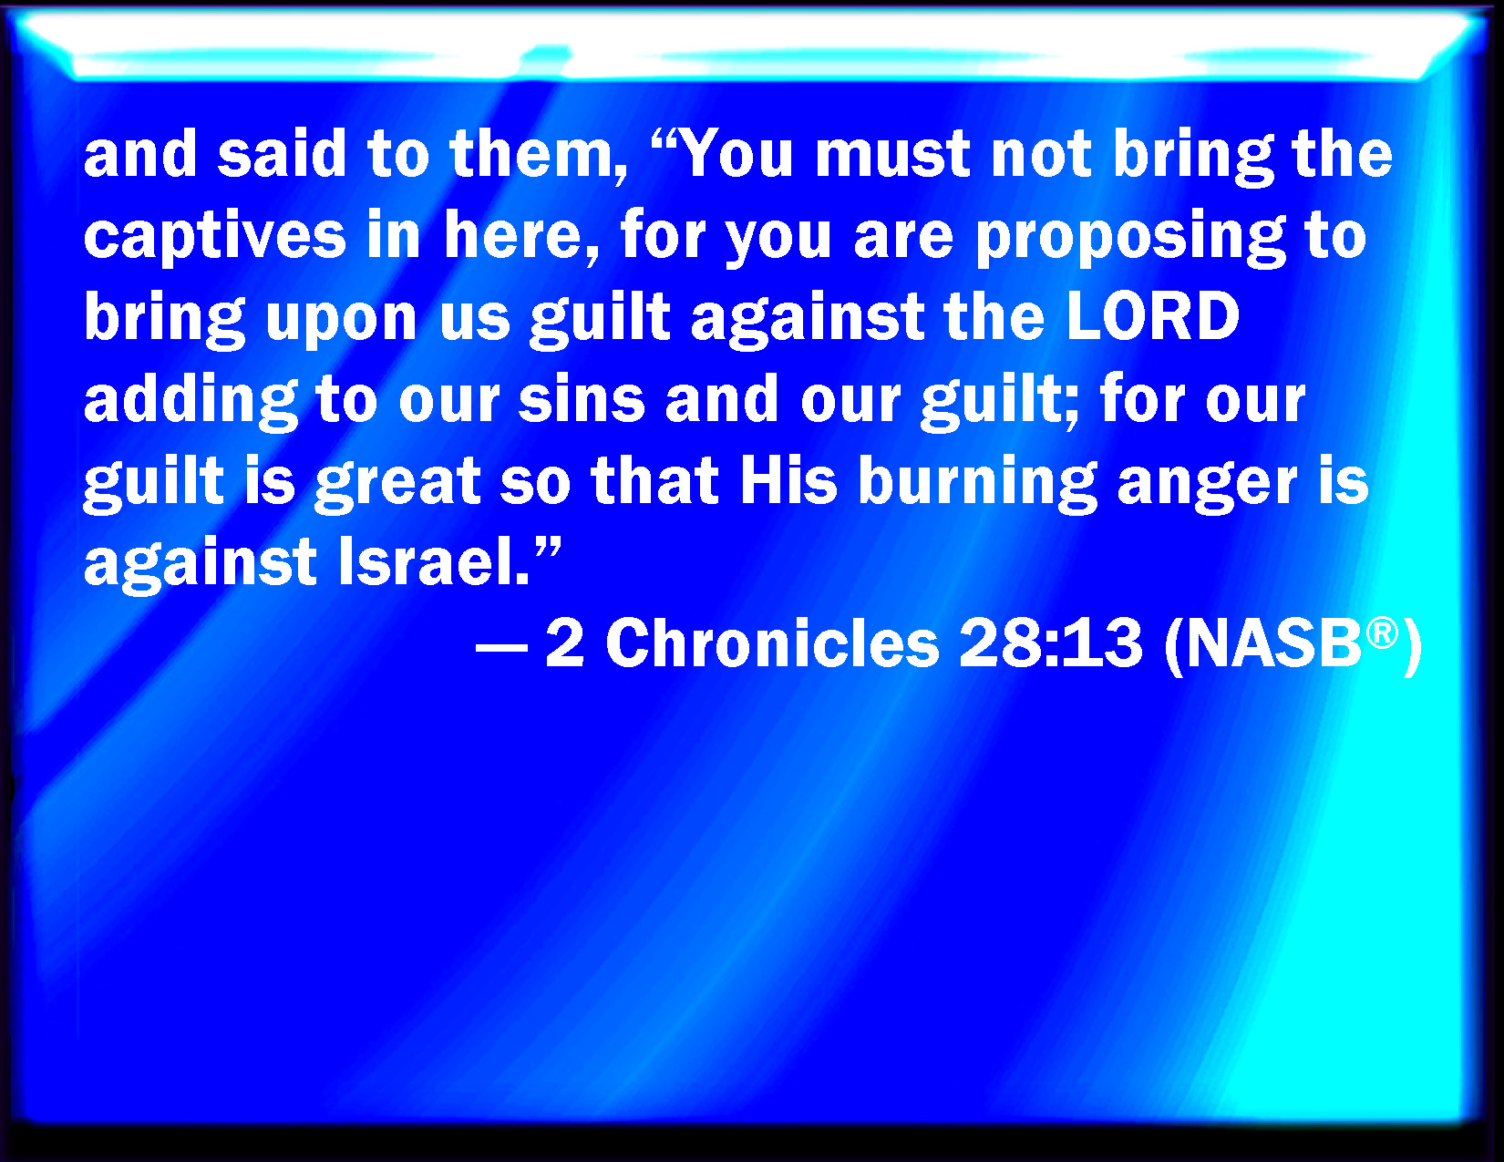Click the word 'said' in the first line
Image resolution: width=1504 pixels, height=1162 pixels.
(x=282, y=154)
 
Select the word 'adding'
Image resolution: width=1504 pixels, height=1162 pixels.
(x=191, y=400)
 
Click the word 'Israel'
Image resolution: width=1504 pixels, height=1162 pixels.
(x=428, y=561)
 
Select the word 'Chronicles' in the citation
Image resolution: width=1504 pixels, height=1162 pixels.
(x=772, y=643)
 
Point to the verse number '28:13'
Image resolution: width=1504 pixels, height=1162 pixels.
(x=1050, y=643)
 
